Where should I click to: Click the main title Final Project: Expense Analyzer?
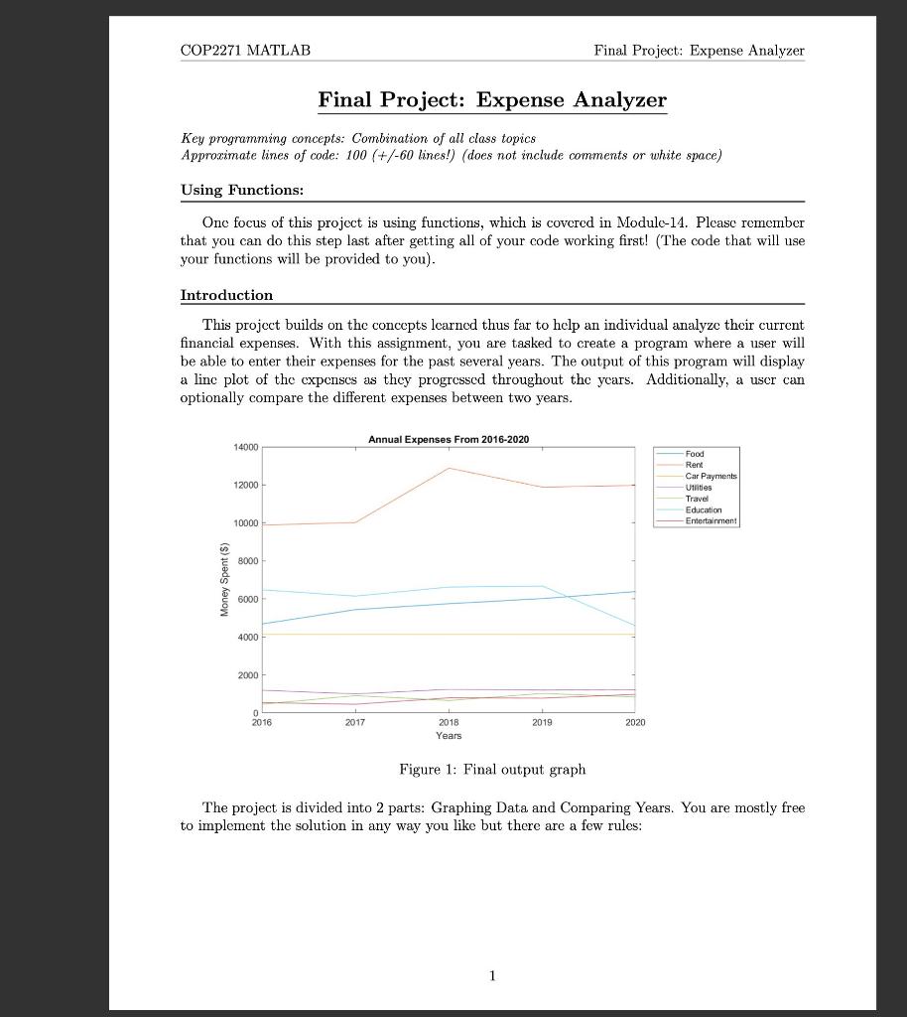492,100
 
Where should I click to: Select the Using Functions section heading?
241,190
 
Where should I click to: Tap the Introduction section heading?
226,295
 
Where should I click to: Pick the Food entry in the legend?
695,454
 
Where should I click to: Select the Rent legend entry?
694,465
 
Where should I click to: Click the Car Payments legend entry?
711,477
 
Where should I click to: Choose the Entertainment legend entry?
711,520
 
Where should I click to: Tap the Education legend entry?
704,509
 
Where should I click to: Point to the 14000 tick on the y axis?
245,448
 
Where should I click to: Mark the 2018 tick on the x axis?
449,723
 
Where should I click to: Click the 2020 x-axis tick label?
635,723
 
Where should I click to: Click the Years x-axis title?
449,736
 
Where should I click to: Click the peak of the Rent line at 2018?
450,468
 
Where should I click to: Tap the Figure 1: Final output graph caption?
492,770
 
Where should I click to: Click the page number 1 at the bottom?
492,976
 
